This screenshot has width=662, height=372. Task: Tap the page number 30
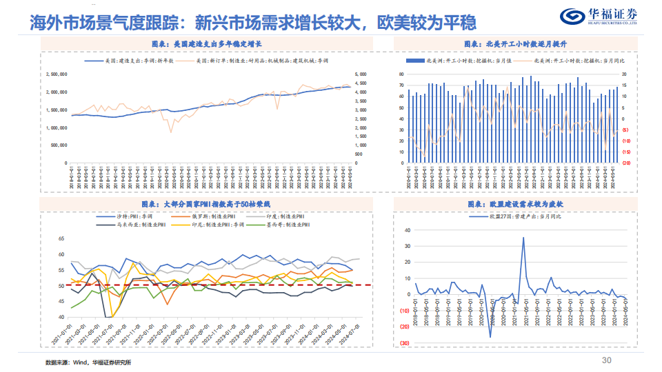coord(607,360)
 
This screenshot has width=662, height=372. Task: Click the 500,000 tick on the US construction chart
coord(58,145)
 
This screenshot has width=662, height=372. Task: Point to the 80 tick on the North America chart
coord(400,74)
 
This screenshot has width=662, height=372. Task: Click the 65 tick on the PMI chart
coord(61,238)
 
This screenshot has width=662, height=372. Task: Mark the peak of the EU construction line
coord(523,238)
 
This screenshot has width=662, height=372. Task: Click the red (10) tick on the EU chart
coord(405,311)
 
